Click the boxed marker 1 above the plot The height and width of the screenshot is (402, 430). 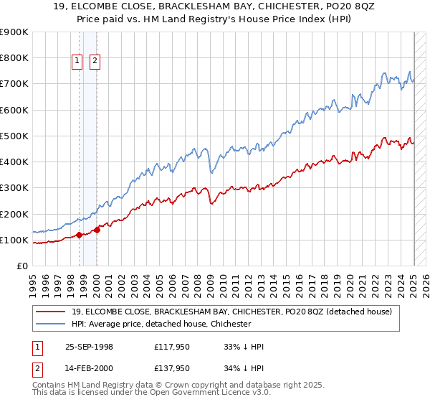tap(77, 62)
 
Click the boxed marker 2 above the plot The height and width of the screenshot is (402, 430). tap(95, 62)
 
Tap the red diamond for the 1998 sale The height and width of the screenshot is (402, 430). tap(79, 235)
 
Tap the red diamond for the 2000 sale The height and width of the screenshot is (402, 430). tap(97, 230)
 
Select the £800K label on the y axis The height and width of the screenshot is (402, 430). tap(14, 57)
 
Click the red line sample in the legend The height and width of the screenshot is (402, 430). tap(52, 312)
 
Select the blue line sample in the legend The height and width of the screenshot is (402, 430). tap(52, 324)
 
